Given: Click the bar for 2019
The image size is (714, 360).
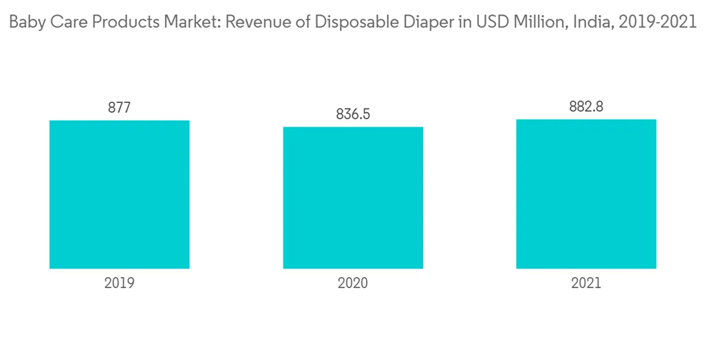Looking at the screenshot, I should [119, 194].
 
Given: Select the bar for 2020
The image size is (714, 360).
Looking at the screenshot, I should [353, 198].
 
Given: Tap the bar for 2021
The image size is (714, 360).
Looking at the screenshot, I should [586, 194].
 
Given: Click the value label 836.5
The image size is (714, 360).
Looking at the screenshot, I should [353, 114].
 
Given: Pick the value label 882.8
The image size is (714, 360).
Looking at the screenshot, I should [586, 106].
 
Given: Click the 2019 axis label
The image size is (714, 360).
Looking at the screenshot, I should [119, 283].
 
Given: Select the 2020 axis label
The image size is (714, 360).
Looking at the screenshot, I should [353, 283].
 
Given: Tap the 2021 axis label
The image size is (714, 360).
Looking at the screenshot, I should [586, 283].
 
